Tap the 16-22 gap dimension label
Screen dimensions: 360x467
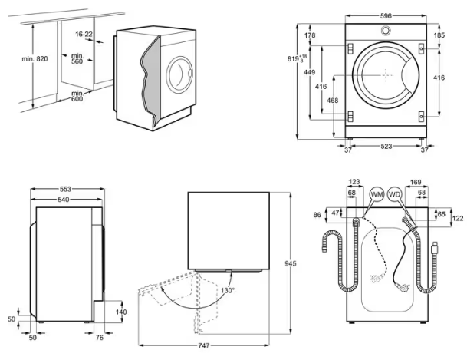[84, 34]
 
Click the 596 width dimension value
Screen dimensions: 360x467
[387, 15]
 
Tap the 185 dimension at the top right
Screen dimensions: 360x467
[439, 35]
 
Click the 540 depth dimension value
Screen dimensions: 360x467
[66, 200]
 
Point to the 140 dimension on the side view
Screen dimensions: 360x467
[121, 312]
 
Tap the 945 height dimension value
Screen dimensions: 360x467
[291, 264]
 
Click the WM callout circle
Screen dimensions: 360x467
[377, 195]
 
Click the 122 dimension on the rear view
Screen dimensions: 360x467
[458, 219]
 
